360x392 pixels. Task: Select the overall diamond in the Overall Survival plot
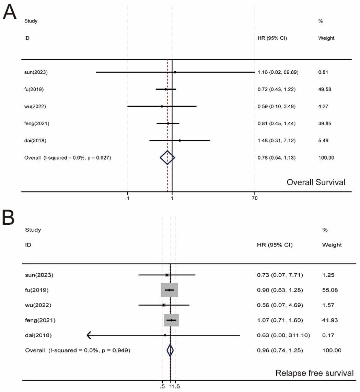coord(167,157)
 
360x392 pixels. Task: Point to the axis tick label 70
coord(255,198)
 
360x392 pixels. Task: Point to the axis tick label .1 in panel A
coord(127,198)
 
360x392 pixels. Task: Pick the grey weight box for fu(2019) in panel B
coord(170,290)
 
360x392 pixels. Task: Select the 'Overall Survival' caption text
coord(316,182)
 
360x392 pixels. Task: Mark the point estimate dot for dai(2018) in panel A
coord(179,140)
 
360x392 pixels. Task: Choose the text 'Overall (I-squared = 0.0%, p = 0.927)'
coord(67,157)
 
